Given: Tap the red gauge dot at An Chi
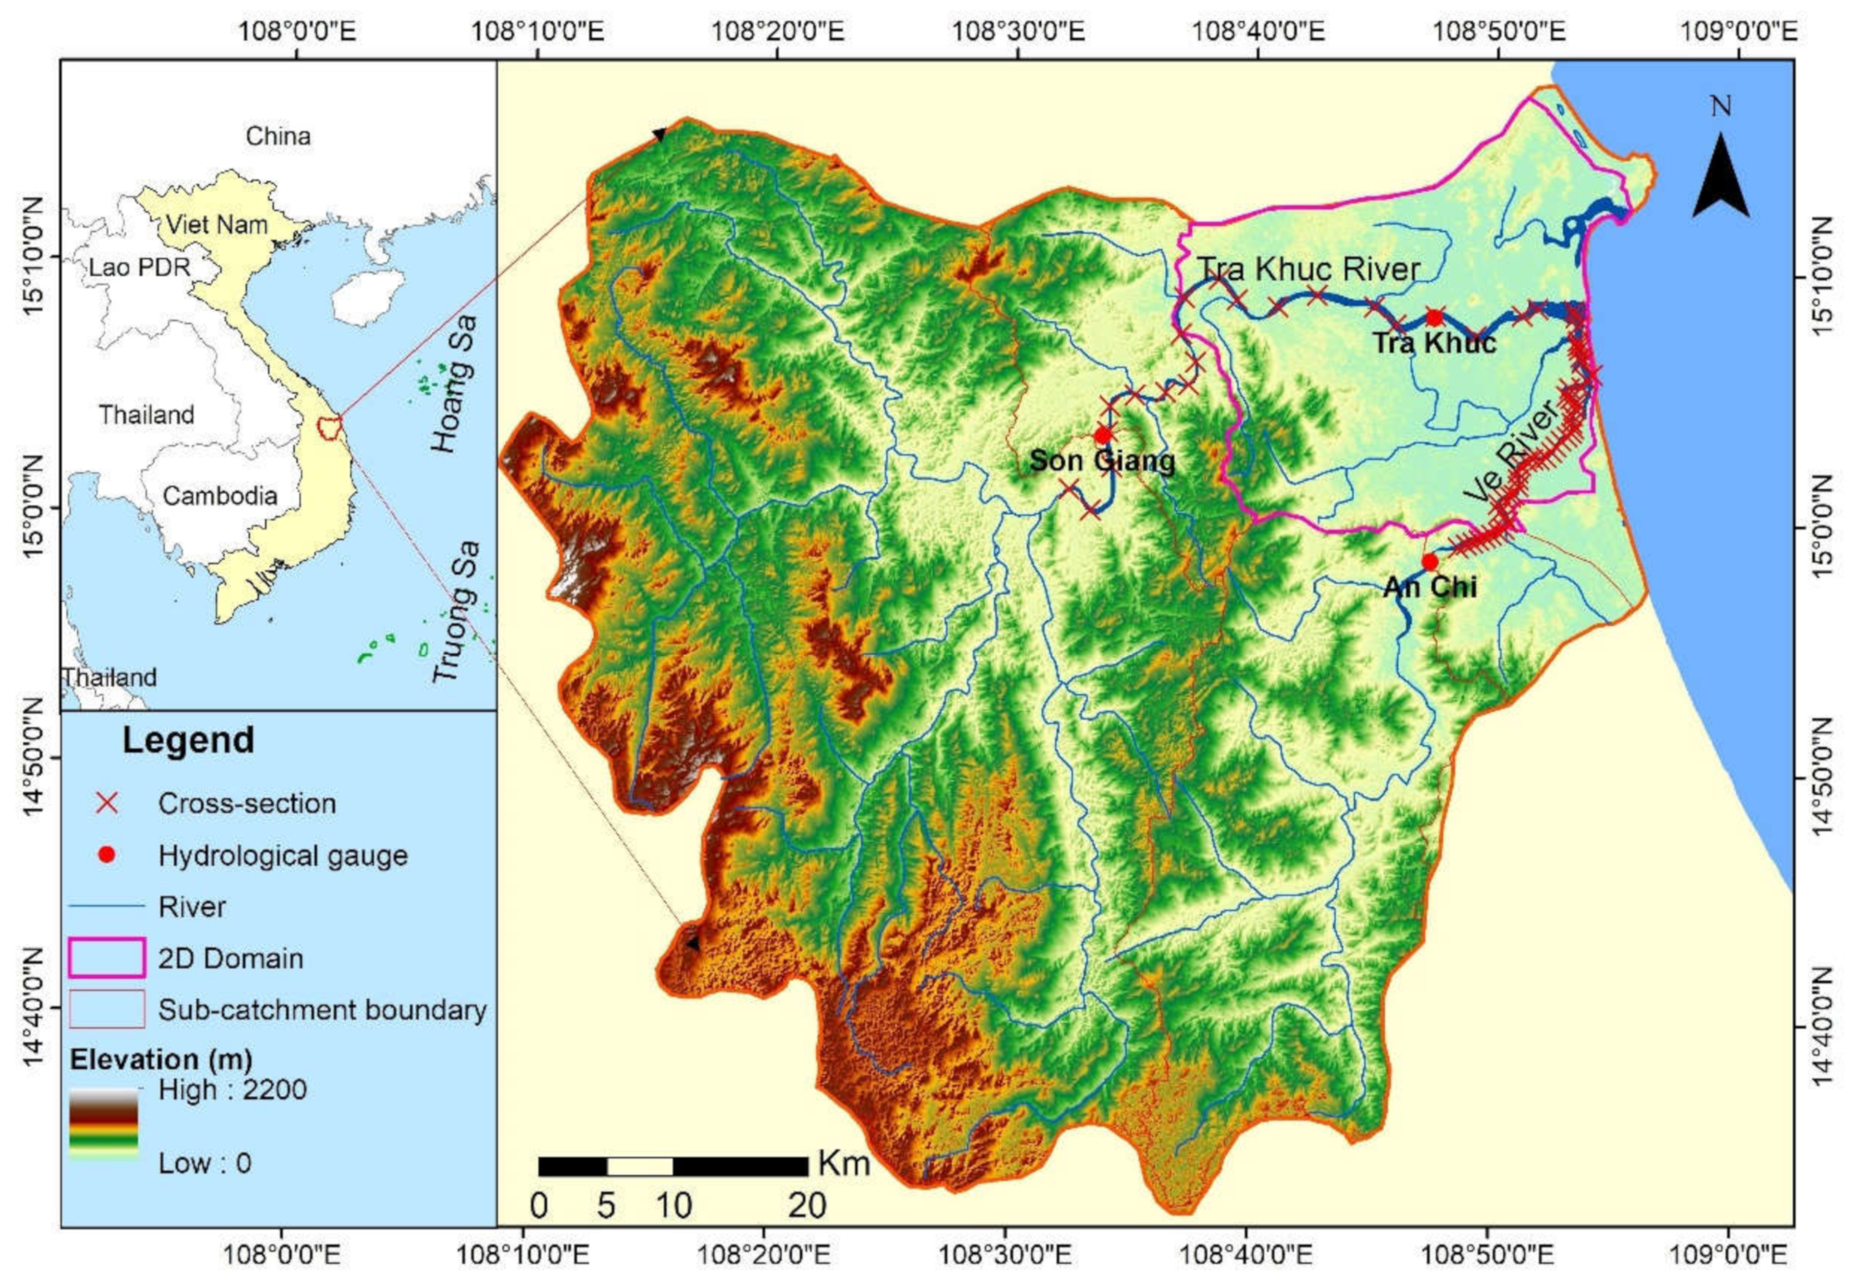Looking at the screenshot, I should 1429,561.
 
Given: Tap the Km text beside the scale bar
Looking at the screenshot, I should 844,1164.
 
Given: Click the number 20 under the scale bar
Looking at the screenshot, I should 807,1206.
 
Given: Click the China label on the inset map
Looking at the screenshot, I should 278,136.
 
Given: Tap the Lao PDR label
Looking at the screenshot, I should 139,267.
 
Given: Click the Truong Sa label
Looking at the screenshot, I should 456,611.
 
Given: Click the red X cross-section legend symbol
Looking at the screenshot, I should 107,803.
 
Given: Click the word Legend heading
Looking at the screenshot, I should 188,740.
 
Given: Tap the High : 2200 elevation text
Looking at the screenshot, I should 232,1090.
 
